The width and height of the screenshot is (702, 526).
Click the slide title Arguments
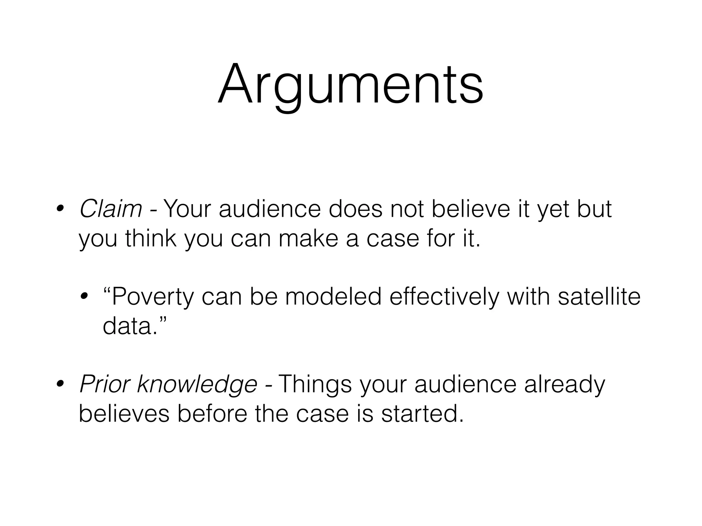tap(350, 86)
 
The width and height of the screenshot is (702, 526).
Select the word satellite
tap(599, 296)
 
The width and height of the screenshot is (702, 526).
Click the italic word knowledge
tap(197, 384)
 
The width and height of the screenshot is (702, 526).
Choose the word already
tap(565, 384)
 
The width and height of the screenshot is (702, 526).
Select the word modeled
tap(333, 296)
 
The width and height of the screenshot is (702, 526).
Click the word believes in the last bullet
tap(124, 414)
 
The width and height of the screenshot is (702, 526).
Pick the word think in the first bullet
tap(151, 238)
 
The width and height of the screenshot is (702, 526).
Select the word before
tap(213, 414)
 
